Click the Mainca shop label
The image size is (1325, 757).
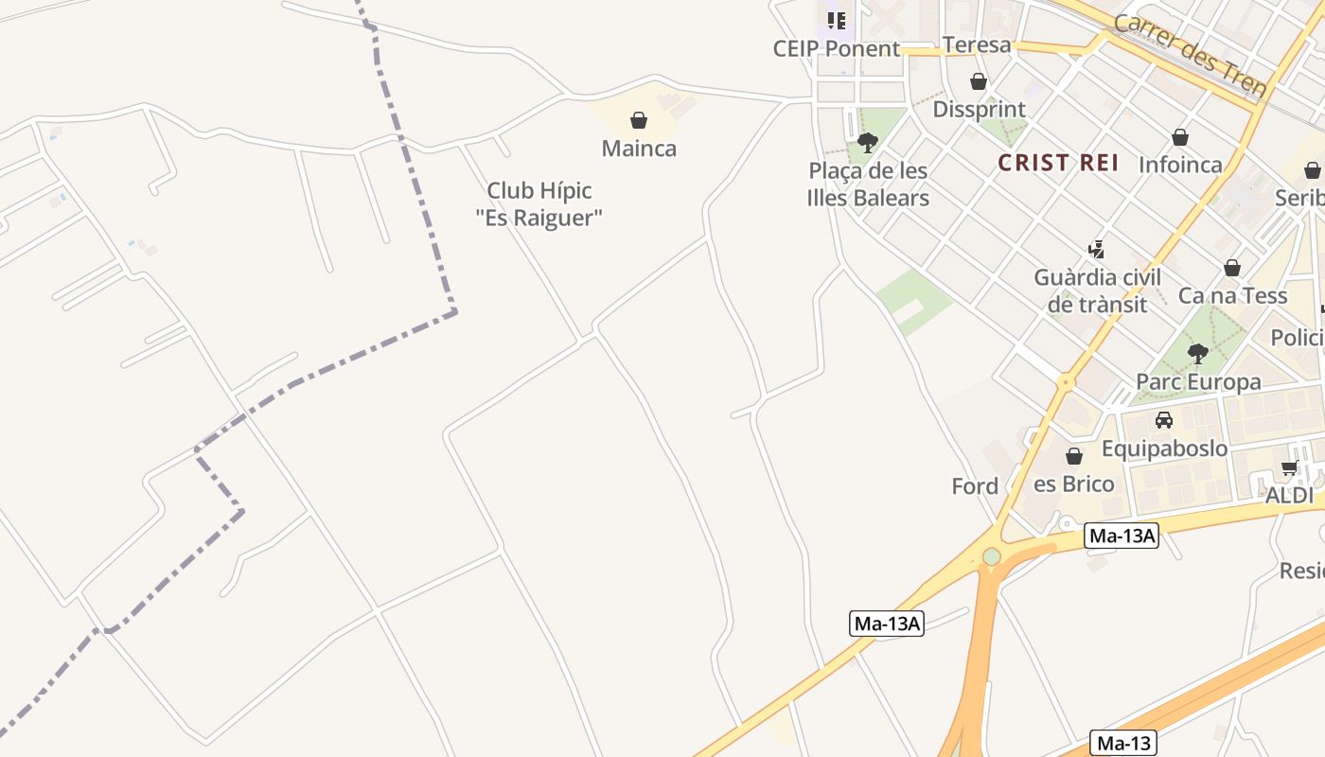(639, 149)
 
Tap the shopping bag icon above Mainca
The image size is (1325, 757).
(639, 120)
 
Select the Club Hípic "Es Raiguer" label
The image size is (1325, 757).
(539, 203)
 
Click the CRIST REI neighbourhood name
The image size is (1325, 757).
(1058, 163)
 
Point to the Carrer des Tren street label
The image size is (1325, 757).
(1190, 55)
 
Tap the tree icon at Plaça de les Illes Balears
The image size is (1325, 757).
(867, 143)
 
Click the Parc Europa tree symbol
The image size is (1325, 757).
(1197, 354)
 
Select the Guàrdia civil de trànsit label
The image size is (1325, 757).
(1097, 290)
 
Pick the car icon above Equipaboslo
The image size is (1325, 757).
(1163, 420)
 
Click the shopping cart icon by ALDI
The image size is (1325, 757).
(1289, 467)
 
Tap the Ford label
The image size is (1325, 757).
(975, 486)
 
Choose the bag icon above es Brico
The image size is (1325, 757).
(1073, 456)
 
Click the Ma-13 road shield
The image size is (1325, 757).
(1123, 743)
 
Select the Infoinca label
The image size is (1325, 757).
(1180, 165)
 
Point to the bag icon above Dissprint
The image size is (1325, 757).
(979, 81)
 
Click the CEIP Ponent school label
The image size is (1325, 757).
(837, 48)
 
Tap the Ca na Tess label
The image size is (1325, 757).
(1232, 295)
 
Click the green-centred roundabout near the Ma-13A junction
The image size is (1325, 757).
(991, 556)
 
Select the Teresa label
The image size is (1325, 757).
(977, 44)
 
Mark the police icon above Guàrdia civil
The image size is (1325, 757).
(1096, 250)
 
